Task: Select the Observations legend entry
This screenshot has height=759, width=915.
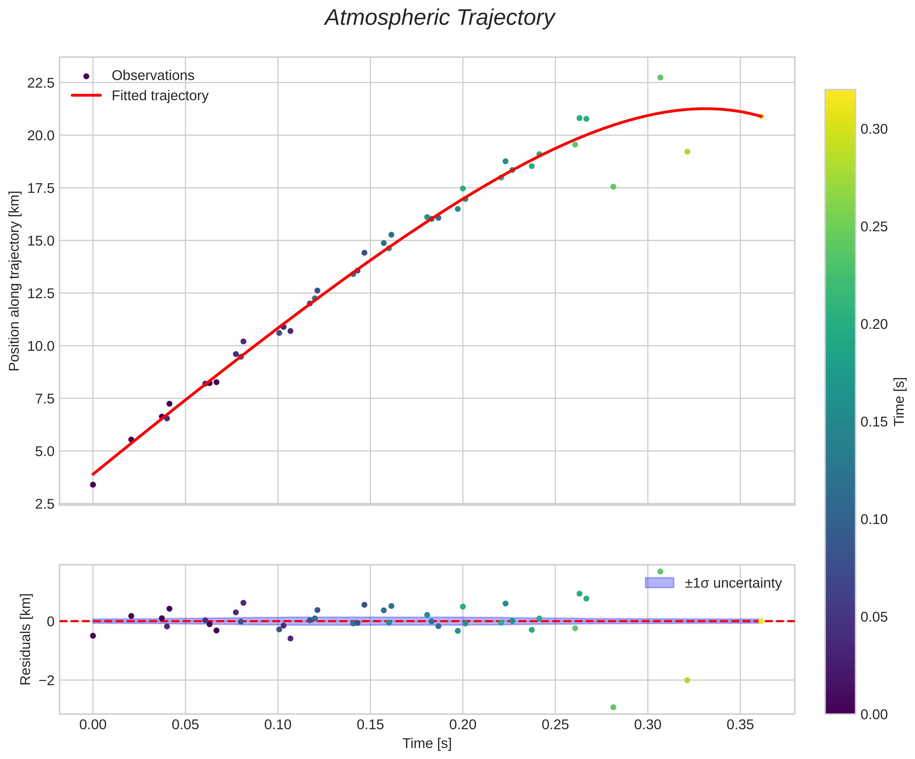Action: tap(152, 75)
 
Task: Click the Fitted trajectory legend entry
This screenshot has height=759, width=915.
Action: tap(160, 95)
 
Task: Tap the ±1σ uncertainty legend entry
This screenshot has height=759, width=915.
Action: tap(733, 583)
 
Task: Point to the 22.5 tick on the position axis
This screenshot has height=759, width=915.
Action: tap(41, 83)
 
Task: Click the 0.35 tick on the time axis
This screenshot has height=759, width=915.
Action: tap(740, 725)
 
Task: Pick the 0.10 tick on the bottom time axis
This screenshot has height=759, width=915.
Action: tap(278, 725)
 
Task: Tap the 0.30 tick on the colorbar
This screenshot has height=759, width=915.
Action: tap(874, 129)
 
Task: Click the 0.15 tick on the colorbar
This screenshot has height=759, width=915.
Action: tap(874, 422)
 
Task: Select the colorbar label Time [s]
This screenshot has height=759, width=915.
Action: tap(899, 401)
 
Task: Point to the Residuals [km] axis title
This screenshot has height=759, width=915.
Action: tap(26, 639)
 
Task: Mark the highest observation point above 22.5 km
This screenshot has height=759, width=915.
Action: tap(660, 77)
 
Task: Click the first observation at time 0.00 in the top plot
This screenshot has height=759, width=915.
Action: tap(93, 485)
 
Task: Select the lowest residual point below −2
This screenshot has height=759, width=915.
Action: tap(613, 707)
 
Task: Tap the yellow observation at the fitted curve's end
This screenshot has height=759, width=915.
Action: tap(761, 116)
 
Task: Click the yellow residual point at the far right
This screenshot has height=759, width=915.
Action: tap(761, 621)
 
